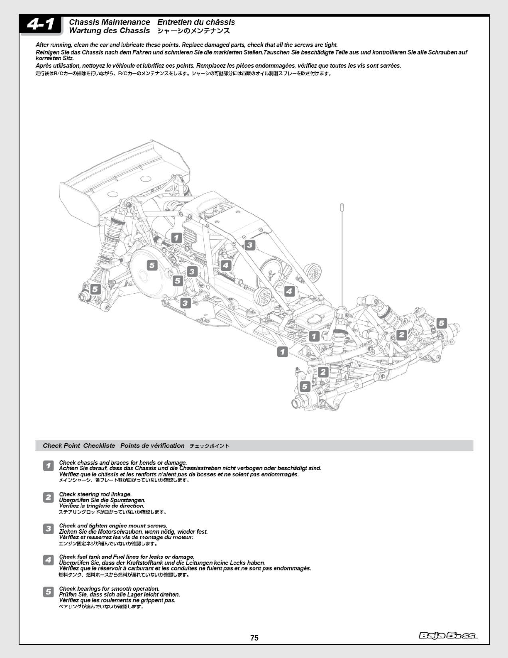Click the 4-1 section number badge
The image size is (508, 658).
click(x=41, y=25)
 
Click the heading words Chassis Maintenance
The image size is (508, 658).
click(x=110, y=22)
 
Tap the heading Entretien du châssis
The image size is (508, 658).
click(x=196, y=22)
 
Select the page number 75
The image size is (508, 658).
click(x=254, y=638)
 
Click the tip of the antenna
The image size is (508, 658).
click(x=342, y=205)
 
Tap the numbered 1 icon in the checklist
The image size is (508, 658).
click(x=49, y=466)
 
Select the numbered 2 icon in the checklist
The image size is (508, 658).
click(x=49, y=497)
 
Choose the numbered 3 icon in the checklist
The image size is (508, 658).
click(x=49, y=529)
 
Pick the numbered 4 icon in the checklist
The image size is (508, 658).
click(x=49, y=560)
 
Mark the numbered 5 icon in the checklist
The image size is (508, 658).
click(x=49, y=592)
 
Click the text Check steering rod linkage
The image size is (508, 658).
click(x=95, y=494)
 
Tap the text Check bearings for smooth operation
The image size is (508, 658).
click(x=109, y=589)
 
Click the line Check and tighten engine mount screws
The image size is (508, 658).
click(x=113, y=525)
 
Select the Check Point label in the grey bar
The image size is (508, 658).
click(x=61, y=446)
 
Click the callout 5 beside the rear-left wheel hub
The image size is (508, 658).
click(x=95, y=289)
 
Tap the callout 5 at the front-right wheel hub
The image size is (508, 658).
click(x=441, y=323)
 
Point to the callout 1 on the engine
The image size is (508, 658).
click(x=177, y=238)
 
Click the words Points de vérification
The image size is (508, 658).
click(x=152, y=446)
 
